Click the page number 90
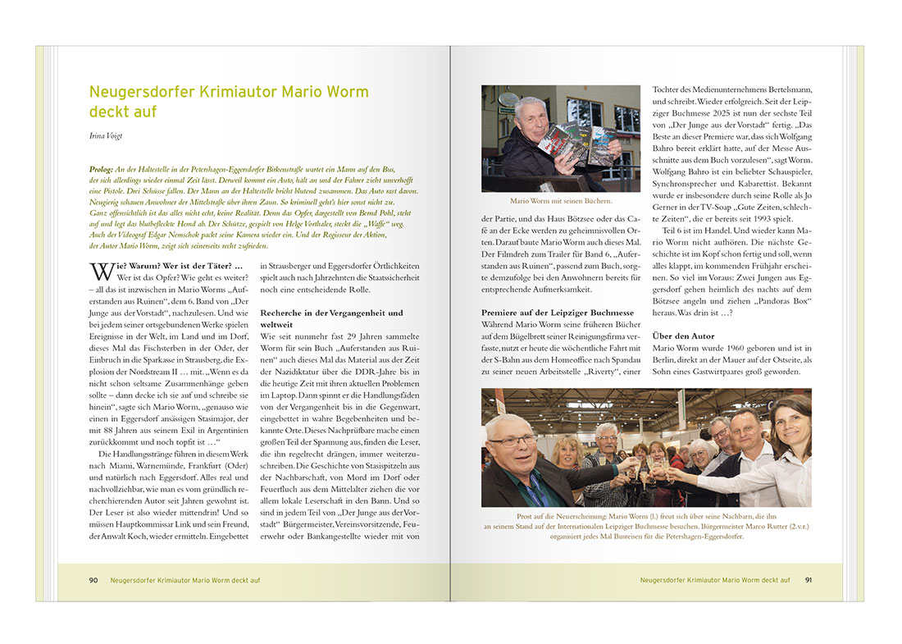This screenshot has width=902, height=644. pos(93,580)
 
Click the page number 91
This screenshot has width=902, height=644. pos(809,580)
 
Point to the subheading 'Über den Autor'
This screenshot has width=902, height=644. pos(682,336)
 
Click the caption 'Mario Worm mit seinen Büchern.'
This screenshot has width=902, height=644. pos(561,200)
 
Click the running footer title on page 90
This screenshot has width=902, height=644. pos(185,580)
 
